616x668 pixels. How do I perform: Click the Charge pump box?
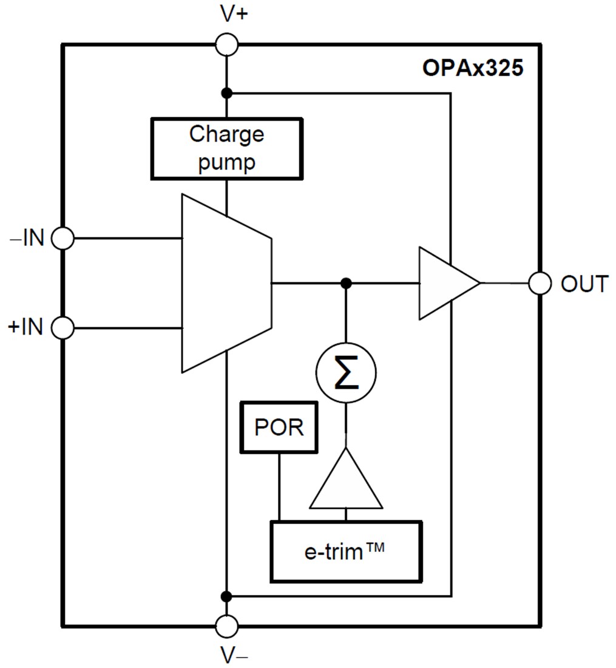pos(226,149)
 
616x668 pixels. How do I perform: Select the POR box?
pos(279,427)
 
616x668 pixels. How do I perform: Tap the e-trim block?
pos(345,551)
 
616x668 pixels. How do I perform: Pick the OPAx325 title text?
pos(472,68)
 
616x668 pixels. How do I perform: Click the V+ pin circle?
pos(227,44)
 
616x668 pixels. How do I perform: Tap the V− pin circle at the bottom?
pos(227,625)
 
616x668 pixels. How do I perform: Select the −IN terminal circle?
pos(63,238)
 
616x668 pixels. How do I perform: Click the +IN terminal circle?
pos(63,328)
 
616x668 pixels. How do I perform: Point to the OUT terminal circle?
pos(540,283)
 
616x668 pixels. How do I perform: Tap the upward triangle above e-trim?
pos(346,483)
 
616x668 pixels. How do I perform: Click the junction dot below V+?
pos(226,93)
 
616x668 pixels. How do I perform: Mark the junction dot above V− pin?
pos(226,596)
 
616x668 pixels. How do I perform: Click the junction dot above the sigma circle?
pos(346,283)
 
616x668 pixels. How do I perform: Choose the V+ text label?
pos(234,14)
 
